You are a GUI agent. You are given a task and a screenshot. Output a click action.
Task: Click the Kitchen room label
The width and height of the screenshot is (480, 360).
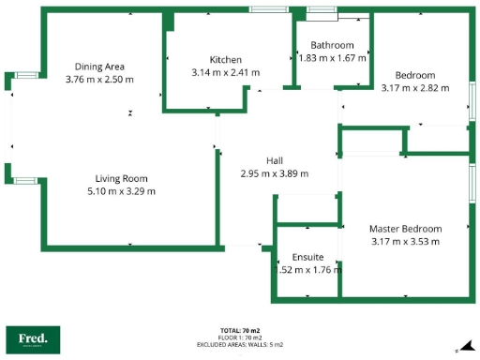pyautogui.click(x=225, y=59)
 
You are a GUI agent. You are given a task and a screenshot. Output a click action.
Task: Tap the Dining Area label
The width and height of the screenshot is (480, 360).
pyautogui.click(x=99, y=67)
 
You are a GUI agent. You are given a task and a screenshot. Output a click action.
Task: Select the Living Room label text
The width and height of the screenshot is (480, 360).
pyautogui.click(x=121, y=178)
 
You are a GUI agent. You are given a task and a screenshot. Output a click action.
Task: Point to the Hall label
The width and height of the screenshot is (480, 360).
pyautogui.click(x=275, y=160)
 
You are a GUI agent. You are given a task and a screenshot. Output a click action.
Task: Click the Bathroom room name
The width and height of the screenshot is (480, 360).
pyautogui.click(x=332, y=45)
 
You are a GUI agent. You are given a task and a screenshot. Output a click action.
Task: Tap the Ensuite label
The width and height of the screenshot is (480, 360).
pyautogui.click(x=307, y=256)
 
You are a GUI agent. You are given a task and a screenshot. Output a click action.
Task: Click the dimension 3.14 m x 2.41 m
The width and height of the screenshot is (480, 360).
pyautogui.click(x=225, y=72)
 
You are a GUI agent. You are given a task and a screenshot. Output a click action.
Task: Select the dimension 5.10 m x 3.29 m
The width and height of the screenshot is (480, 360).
pyautogui.click(x=121, y=191)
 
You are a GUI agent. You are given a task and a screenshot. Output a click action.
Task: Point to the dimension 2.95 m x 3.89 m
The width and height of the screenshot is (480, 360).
pyautogui.click(x=275, y=173)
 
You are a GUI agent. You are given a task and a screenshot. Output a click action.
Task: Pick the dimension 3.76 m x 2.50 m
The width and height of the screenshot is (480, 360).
pyautogui.click(x=99, y=80)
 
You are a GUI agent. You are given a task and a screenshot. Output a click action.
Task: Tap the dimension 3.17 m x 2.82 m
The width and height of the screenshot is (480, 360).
pyautogui.click(x=414, y=88)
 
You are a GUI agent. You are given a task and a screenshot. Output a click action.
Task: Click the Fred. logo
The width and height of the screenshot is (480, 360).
pyautogui.click(x=33, y=338)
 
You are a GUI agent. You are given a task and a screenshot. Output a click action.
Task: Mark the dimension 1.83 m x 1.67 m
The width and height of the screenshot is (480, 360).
pyautogui.click(x=332, y=58)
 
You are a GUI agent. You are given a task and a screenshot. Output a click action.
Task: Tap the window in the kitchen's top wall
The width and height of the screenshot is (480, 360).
pyautogui.click(x=268, y=9)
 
